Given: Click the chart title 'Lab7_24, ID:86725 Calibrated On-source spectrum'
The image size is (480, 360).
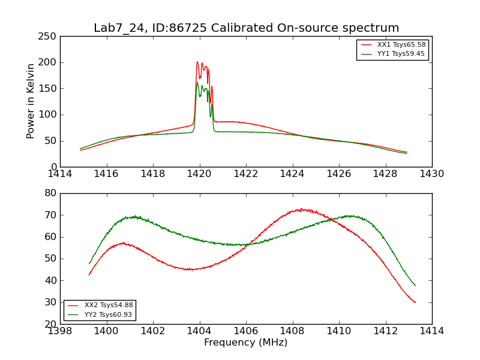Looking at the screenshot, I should pos(246,28).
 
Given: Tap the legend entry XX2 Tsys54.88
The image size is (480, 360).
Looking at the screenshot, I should pos(109,305).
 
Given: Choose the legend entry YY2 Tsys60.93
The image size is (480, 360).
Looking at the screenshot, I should pos(109,314).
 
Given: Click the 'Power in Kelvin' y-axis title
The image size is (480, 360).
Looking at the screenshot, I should pos(31,101).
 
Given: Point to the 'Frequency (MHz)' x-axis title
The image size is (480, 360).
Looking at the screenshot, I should pos(246,343).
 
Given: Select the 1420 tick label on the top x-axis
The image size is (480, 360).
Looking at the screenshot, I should pos(200,174).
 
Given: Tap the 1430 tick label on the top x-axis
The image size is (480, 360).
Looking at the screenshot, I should pos(432,174).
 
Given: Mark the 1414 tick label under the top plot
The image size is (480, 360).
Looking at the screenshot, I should pos(60,174).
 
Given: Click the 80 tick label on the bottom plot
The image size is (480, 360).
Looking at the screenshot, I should pos(50,193).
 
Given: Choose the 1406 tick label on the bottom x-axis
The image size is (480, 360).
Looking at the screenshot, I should pos(246,331).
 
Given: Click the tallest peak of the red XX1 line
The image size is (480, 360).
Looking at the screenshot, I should pos(197,61).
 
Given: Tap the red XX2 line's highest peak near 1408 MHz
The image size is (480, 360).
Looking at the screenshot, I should pos(301,209).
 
